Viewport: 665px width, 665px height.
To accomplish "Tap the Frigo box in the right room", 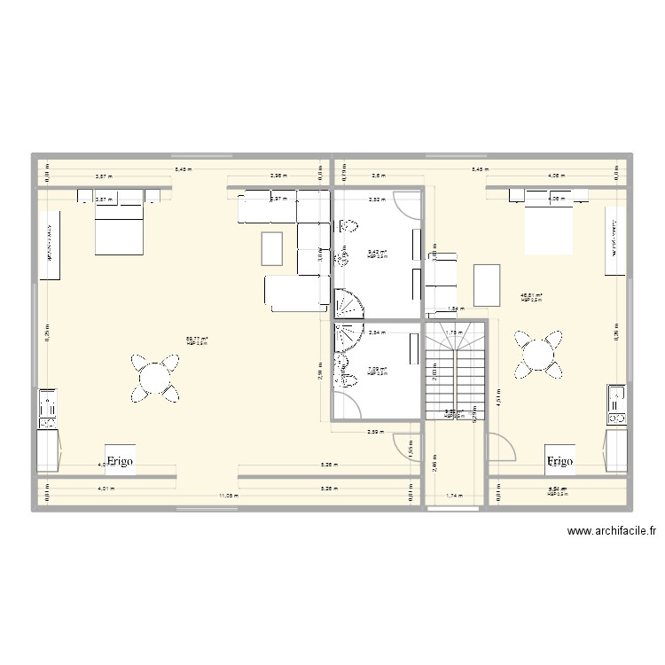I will click(559, 461).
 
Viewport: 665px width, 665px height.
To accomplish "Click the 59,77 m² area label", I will click(197, 339).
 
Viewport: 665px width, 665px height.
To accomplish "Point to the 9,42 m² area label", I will click(378, 253).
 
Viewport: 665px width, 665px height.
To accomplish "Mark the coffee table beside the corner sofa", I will click(272, 247).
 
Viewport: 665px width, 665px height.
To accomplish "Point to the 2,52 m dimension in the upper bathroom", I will click(377, 199).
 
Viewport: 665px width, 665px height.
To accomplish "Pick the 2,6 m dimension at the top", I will click(378, 176).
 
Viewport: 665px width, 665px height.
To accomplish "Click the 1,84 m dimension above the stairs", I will click(454, 309).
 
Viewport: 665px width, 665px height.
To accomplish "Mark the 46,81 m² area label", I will click(531, 296).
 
